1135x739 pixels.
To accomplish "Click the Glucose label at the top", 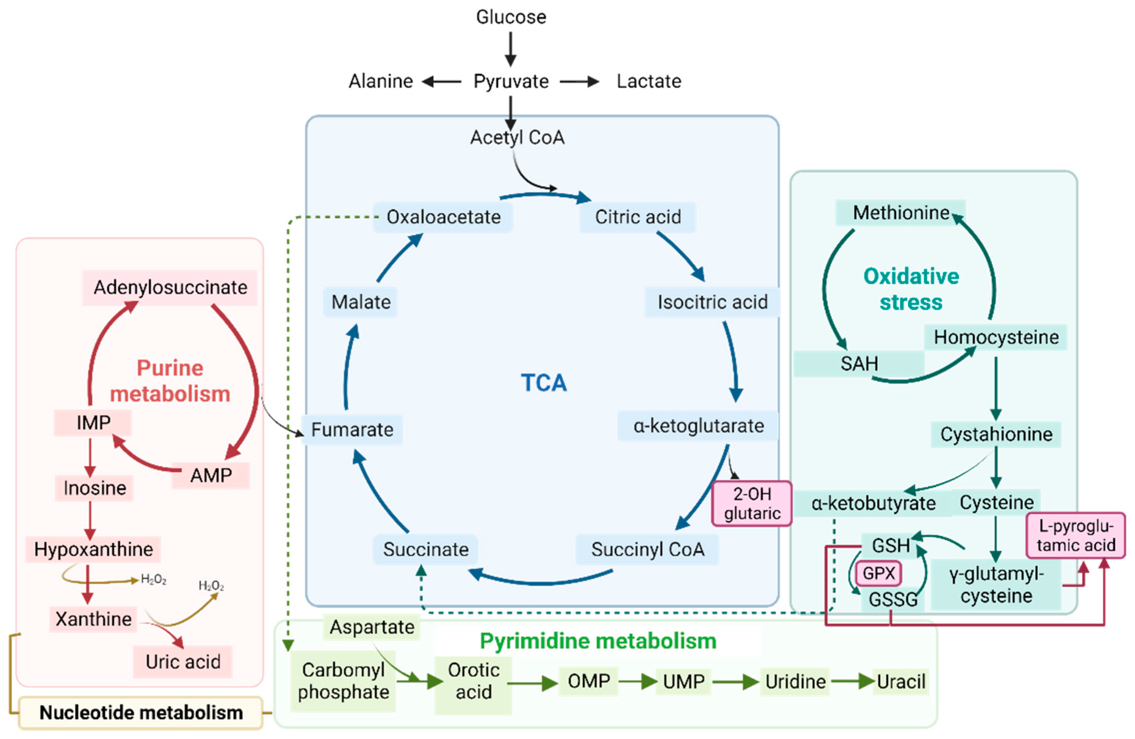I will [x=511, y=17].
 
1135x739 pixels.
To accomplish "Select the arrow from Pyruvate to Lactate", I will [x=579, y=82].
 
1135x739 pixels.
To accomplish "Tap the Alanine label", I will [x=380, y=82].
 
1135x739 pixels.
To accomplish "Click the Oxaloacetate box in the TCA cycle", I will [x=443, y=217].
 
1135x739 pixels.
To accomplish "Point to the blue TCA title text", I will [x=544, y=382].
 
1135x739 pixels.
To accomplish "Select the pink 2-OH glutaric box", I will [x=752, y=504].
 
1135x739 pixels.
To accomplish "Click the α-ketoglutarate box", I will [x=698, y=426].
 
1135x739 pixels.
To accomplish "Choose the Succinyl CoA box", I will [x=647, y=549].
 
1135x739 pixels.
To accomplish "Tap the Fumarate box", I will [x=352, y=430].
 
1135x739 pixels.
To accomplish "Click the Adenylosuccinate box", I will [x=170, y=287].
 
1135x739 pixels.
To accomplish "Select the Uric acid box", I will [x=183, y=662].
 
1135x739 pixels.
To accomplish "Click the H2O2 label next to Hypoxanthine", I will [x=154, y=580].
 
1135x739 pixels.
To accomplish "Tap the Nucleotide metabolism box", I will [x=141, y=713].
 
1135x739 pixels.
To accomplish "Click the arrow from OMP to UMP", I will [x=637, y=681].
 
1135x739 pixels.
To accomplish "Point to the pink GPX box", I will [x=879, y=573].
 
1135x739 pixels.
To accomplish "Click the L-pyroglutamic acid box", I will [x=1076, y=535].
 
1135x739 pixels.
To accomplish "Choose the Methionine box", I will [x=901, y=213].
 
